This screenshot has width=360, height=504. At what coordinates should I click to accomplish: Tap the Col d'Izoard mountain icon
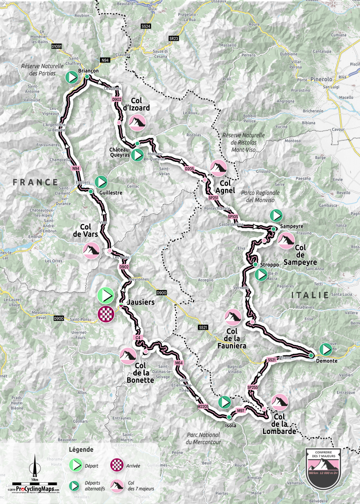[137, 121]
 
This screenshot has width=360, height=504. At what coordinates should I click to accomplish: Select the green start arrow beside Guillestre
[101, 182]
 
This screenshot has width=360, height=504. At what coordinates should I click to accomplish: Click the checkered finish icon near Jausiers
[106, 314]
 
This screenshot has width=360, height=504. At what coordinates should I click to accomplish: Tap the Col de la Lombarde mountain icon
[280, 402]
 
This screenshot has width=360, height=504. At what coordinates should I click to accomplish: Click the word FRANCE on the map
[35, 182]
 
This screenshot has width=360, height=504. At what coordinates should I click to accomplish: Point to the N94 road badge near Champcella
[75, 169]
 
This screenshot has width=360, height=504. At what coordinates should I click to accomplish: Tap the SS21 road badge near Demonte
[271, 360]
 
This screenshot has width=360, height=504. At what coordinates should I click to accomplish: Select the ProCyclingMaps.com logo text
[35, 489]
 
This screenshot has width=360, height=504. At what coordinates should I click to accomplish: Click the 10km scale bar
[34, 483]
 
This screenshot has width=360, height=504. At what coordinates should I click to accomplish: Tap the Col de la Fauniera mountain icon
[232, 317]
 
